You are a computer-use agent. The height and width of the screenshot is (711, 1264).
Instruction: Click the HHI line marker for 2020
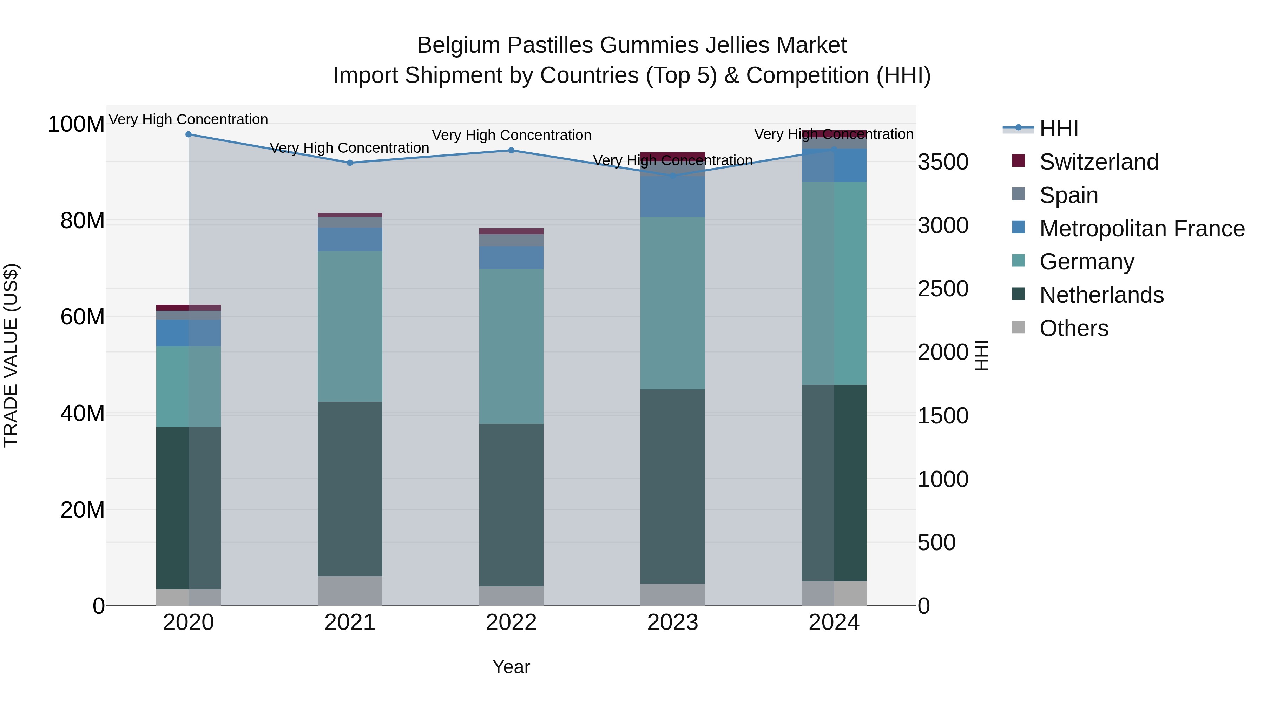[189, 134]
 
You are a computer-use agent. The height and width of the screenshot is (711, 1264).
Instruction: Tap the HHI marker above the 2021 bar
[350, 163]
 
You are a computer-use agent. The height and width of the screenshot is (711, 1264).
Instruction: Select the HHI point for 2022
[511, 150]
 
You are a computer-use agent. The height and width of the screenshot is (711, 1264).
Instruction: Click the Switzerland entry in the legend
[1099, 162]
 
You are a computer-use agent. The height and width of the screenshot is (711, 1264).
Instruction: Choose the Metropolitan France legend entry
[1142, 229]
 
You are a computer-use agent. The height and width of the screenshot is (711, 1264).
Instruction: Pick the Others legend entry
[1074, 328]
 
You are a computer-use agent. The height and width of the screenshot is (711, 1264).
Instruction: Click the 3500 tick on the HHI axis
[943, 163]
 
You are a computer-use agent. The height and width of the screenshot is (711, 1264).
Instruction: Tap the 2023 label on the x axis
[672, 623]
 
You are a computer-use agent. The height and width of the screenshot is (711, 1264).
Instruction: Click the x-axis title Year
[511, 667]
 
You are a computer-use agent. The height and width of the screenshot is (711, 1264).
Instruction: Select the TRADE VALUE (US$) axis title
[11, 355]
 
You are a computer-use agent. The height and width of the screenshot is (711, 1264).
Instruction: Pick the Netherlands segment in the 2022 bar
[511, 505]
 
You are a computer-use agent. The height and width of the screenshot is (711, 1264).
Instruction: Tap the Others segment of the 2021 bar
[350, 591]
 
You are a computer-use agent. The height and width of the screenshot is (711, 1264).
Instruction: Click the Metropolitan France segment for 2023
[672, 196]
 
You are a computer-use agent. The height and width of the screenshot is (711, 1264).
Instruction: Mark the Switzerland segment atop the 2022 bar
[511, 231]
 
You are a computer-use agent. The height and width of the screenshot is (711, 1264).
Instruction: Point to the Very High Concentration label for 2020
[189, 119]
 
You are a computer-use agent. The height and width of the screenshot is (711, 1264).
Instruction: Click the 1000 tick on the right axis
[943, 479]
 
